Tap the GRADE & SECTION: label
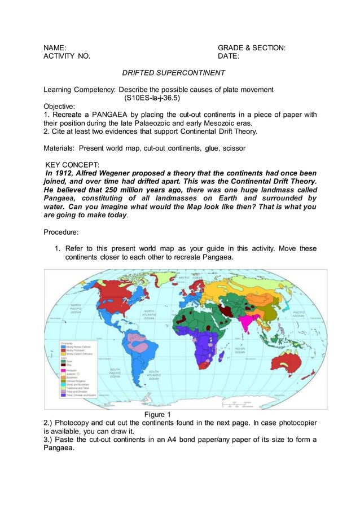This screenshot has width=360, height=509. (251, 48)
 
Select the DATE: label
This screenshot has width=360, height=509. (229, 56)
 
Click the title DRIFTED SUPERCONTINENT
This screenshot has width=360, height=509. (174, 73)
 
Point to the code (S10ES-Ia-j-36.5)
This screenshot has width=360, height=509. (152, 98)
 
